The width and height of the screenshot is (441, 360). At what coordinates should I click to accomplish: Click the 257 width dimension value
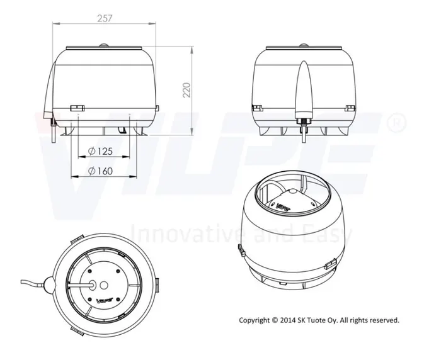[105, 18]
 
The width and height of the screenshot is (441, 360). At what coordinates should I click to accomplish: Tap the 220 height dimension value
[186, 90]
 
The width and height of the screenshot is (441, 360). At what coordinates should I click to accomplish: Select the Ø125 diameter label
[100, 151]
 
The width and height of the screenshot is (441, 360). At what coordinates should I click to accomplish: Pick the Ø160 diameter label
[100, 171]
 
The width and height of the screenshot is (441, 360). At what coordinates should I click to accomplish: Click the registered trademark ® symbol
[397, 123]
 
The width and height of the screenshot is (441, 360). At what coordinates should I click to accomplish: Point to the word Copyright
[255, 320]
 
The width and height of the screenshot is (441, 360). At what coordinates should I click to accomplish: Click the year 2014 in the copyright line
[288, 320]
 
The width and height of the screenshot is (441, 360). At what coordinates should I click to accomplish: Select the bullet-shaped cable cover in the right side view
[304, 89]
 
